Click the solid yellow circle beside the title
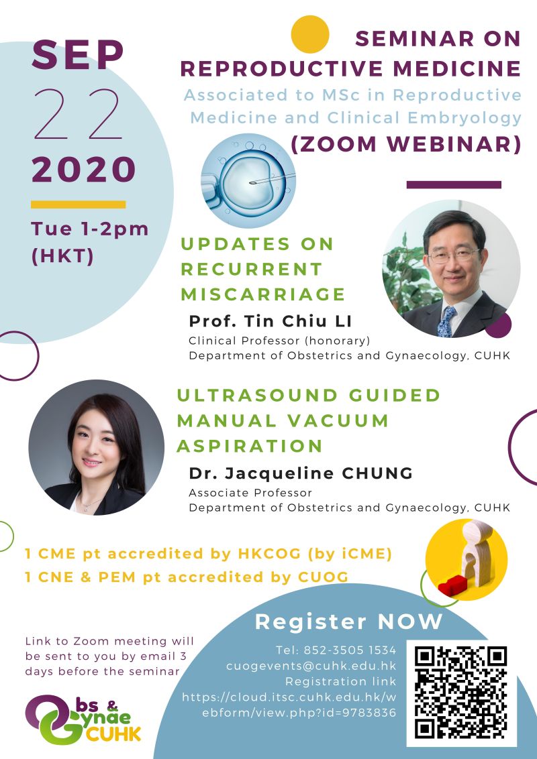tap(310, 34)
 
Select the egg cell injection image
tap(248, 180)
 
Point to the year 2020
tap(83, 170)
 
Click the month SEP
tap(78, 55)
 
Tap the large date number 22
tap(78, 114)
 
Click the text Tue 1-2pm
tap(90, 229)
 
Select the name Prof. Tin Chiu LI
tap(271, 320)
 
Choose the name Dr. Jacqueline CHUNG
tap(301, 473)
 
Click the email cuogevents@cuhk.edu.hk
tap(311, 666)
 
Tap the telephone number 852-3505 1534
tap(336, 650)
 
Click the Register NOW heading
tap(348, 622)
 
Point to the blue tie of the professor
tap(447, 321)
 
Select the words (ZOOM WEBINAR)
tap(406, 143)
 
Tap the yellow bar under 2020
tap(78, 205)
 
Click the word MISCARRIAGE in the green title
tap(263, 294)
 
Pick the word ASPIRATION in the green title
tap(250, 446)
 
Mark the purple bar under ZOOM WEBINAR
tap(454, 184)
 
